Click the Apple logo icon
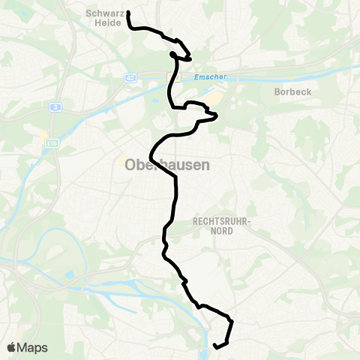click(12, 347)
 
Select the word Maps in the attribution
click(33, 347)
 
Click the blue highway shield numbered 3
click(55, 107)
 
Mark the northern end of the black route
click(129, 13)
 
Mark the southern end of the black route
click(215, 346)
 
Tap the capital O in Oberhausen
click(122, 166)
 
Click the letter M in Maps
click(23, 347)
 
